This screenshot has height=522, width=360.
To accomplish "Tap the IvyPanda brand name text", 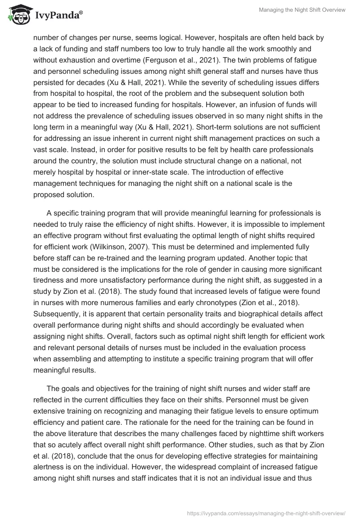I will tap(56, 16).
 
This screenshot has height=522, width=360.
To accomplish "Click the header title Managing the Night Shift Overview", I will tap(302, 10).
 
